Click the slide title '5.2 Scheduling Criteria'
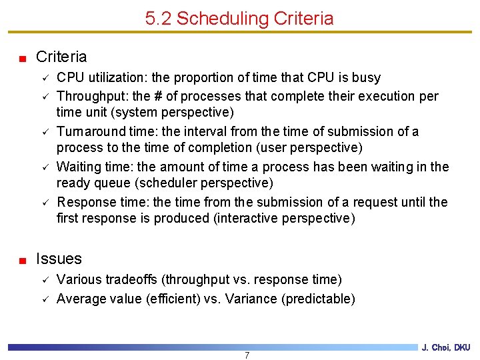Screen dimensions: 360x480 [239, 18]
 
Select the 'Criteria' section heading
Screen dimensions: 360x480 [61, 57]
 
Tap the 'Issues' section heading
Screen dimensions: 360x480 [59, 259]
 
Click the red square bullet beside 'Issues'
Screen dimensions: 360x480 [22, 260]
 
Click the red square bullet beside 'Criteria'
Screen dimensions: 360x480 [22, 58]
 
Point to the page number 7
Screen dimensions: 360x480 [247, 355]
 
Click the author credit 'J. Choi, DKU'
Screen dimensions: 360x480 [446, 347]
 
